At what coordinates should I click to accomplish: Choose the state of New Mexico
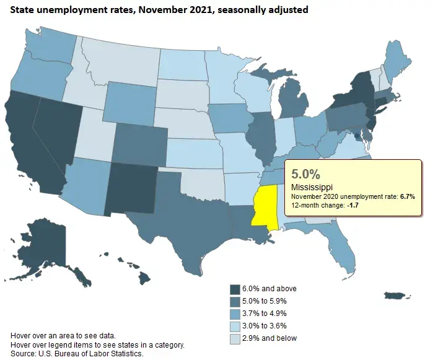coord(130,186)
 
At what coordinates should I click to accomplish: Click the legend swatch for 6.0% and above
coord(235,289)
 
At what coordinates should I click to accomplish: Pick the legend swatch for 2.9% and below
coord(235,338)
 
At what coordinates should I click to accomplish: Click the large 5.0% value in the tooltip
coord(305,173)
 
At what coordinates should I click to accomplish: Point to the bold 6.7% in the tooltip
coord(406,196)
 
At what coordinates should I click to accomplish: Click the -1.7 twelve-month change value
coord(357,206)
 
